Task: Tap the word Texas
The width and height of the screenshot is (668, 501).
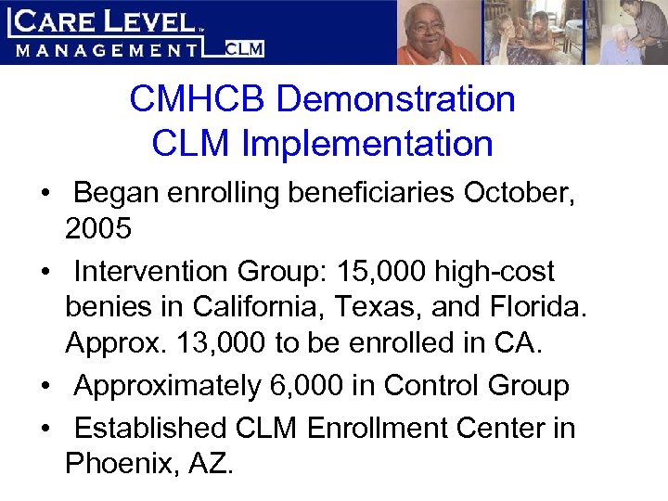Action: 391,305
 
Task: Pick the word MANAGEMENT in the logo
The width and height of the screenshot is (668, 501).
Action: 107,49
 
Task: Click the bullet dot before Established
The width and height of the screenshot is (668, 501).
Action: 45,429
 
